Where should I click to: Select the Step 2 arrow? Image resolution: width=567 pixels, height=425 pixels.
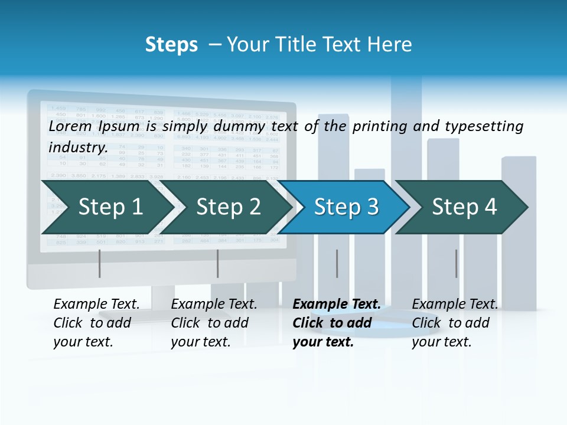(228, 207)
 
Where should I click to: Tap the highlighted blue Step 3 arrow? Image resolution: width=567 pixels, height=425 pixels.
(346, 207)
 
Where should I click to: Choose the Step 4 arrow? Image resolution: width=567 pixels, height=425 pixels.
(464, 207)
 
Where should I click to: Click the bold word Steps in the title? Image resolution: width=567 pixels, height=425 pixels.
(171, 45)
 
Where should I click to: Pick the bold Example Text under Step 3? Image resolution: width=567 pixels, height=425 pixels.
(337, 305)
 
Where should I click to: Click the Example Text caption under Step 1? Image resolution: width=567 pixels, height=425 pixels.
(96, 305)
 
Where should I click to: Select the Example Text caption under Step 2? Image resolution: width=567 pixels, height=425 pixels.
(214, 305)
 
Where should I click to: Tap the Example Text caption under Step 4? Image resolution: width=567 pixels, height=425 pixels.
(455, 305)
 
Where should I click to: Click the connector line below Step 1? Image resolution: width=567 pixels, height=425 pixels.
(100, 263)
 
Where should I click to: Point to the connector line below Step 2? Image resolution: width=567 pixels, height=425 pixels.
(218, 263)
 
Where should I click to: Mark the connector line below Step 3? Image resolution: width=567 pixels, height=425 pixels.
(337, 263)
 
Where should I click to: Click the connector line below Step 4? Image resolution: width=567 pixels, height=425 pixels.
(456, 263)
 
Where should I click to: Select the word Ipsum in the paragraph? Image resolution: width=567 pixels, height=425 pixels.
(120, 126)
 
